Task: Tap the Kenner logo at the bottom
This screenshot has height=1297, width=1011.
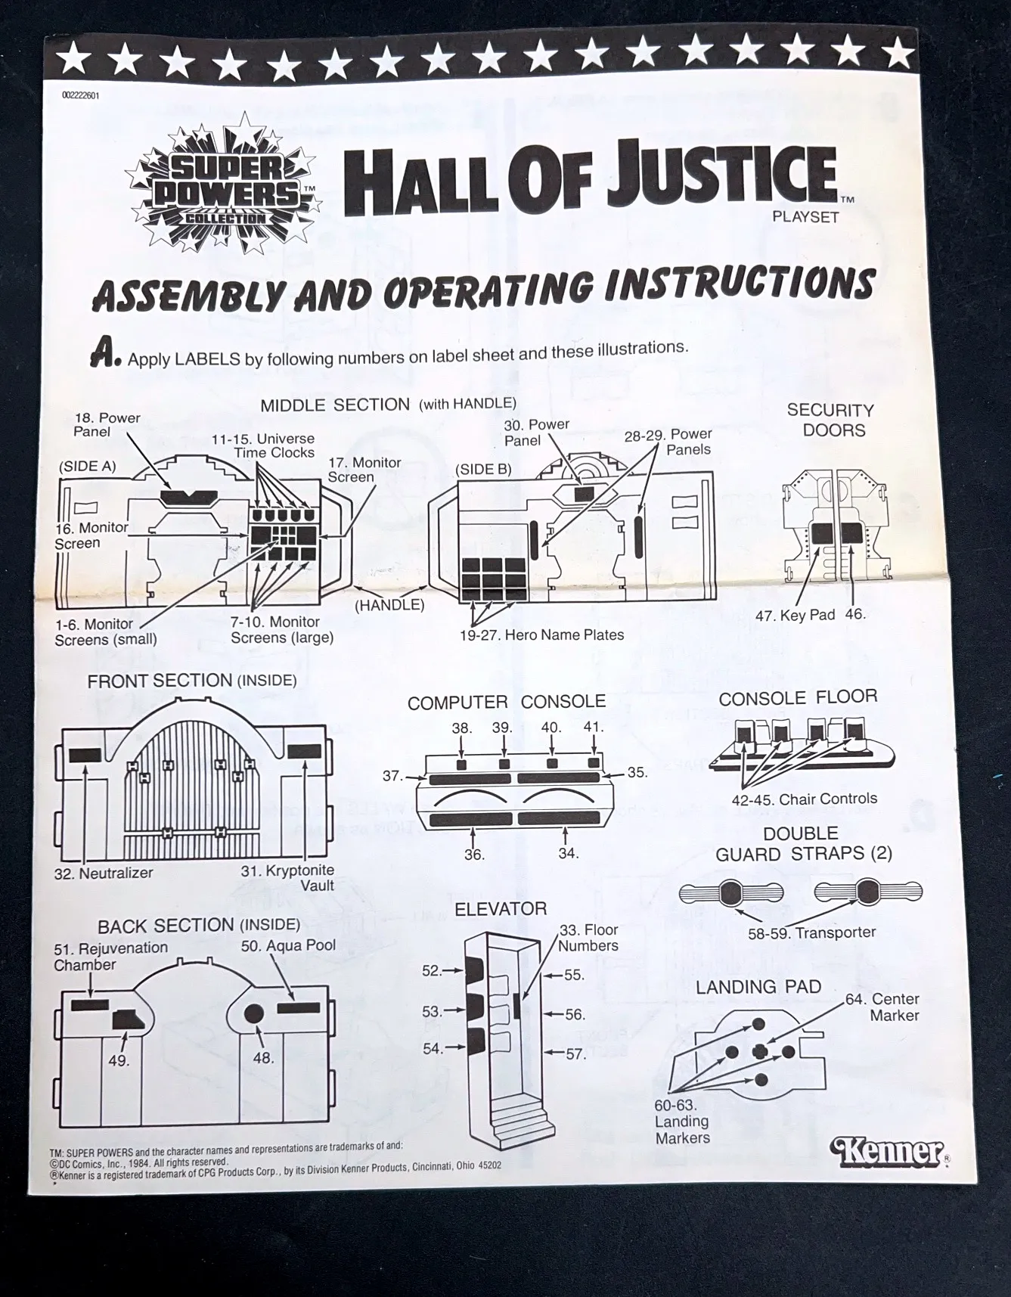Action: click(889, 1152)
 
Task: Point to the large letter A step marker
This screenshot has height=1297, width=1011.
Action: click(105, 353)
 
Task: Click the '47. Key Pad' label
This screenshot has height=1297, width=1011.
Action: click(794, 615)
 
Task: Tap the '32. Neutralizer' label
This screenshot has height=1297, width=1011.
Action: click(104, 873)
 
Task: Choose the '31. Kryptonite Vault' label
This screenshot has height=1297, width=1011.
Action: click(287, 878)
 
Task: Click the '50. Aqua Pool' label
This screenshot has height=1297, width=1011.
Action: click(288, 945)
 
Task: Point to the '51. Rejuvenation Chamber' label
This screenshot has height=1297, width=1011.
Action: click(110, 956)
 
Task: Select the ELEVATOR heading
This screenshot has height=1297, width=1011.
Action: click(500, 908)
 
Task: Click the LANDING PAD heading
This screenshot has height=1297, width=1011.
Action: click(758, 987)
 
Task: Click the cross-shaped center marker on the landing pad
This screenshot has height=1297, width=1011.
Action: click(761, 1051)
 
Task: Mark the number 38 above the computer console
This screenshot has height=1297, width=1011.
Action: click(461, 728)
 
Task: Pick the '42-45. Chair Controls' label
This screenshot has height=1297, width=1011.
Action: click(804, 799)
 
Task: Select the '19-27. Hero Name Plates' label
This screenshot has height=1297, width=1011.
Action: click(541, 635)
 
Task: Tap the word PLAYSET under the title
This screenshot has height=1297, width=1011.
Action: click(805, 217)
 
